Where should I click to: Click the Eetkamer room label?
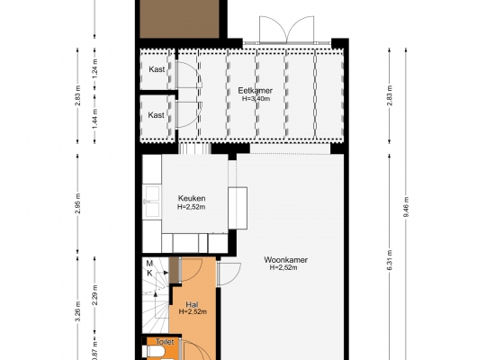(x=255, y=91)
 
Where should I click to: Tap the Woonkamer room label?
(x=285, y=259)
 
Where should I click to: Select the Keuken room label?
(x=192, y=198)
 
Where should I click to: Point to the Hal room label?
(x=193, y=304)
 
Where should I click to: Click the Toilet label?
(x=165, y=342)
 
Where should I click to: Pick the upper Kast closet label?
(x=157, y=69)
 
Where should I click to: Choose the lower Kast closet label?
(x=156, y=115)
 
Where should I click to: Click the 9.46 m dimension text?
(x=406, y=207)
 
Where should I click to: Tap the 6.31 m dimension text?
(x=390, y=260)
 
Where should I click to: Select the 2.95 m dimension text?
(x=77, y=203)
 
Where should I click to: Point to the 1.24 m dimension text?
(x=94, y=68)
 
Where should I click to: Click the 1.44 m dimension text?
(x=94, y=119)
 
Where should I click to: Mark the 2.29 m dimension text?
(x=94, y=295)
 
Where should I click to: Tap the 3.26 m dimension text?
(x=77, y=311)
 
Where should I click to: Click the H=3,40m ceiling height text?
(x=256, y=99)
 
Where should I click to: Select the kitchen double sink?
(x=152, y=202)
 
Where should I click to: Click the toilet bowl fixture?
(x=156, y=352)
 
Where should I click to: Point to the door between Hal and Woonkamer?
(x=229, y=274)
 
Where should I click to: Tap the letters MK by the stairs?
(x=149, y=268)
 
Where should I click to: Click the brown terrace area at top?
(x=179, y=19)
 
